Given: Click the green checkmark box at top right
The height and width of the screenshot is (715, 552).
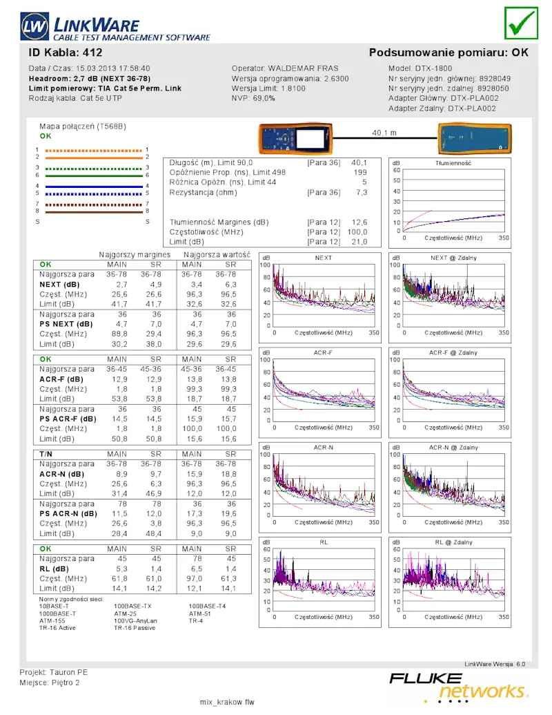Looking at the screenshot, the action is (x=521, y=23).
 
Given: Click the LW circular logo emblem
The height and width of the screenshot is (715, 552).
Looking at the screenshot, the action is (x=34, y=26).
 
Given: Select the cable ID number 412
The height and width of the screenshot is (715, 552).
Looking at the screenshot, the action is (x=92, y=53).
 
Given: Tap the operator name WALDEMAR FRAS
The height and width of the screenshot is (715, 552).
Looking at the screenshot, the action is (x=303, y=68).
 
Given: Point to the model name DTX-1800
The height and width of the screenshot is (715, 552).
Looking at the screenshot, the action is (x=433, y=68).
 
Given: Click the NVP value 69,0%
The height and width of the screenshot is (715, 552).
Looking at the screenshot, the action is (x=264, y=98).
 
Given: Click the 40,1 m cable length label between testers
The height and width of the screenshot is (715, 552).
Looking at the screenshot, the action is (x=384, y=133).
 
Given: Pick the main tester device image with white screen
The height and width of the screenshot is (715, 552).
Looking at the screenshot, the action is (x=295, y=138).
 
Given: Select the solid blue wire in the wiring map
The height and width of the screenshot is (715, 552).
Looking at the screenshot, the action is (x=94, y=186).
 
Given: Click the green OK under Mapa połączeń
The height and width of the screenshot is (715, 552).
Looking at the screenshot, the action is (x=46, y=136).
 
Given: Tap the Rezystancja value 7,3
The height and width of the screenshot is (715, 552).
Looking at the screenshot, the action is (x=362, y=193).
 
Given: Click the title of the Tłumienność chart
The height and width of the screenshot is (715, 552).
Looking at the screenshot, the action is (x=453, y=163).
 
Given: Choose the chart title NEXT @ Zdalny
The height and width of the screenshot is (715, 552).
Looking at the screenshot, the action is (x=453, y=258).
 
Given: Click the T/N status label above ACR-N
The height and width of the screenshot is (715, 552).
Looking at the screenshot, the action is (x=46, y=454).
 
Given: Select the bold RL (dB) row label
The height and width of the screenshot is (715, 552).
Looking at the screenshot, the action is (x=54, y=569).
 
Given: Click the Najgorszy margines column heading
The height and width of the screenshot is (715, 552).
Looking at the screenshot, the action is (x=135, y=254).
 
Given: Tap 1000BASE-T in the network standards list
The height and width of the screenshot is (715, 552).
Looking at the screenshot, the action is (x=57, y=613).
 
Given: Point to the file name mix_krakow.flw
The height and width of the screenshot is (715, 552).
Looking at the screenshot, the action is (x=227, y=703).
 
